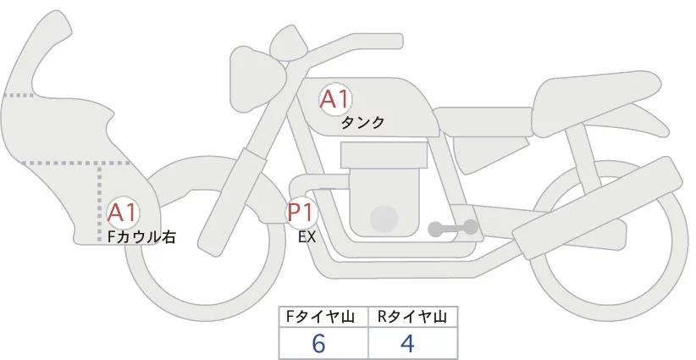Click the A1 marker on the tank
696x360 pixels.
coord(335,99)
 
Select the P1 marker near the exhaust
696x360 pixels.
coord(302,212)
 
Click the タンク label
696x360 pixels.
coord(362,123)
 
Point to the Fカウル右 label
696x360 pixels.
coord(141,238)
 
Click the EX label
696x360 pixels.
coord(307,238)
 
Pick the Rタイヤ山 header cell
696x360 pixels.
coord(412,317)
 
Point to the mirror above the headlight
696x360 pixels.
coord(289,39)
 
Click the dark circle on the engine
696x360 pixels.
coord(385,218)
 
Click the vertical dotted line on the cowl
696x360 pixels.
coord(101,195)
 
